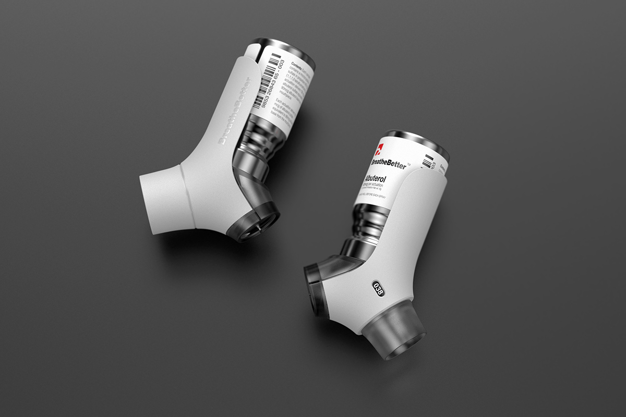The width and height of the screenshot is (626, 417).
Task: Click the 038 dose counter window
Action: pos(377,288)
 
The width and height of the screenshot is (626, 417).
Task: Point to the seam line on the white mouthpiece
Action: pos(188,198)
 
